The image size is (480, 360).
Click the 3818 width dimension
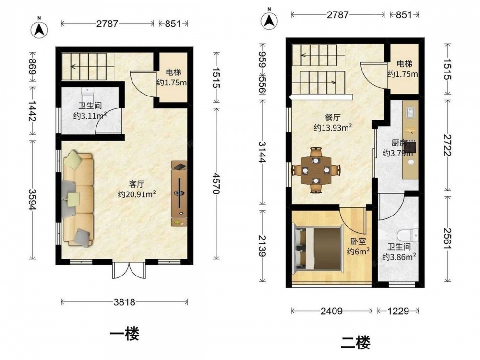point(124,302)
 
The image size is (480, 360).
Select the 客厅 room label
point(136,184)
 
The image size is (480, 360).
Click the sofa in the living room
point(78,198)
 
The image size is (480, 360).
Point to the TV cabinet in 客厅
point(179,193)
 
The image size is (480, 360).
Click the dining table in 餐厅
point(316,170)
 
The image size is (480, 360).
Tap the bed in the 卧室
point(317,249)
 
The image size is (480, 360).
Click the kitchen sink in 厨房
point(410,112)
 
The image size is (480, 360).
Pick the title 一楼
point(125,334)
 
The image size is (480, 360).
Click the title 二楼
point(355,343)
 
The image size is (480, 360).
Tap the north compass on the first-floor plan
point(39,28)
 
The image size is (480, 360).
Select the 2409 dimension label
point(332,311)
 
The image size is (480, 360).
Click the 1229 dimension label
point(398,311)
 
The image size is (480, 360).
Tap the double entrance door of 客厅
point(129,269)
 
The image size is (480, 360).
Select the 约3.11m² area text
point(90,116)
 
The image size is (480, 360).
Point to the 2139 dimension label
point(263,245)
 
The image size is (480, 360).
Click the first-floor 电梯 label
point(174,72)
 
